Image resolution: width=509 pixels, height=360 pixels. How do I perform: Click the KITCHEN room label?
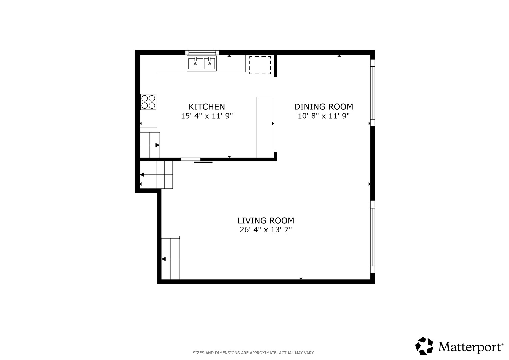[207, 107]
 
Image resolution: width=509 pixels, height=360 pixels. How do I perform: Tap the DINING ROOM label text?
[324, 107]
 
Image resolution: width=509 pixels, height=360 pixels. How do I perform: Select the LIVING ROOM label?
[266, 220]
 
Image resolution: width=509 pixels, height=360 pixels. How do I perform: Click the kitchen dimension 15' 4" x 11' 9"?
[207, 116]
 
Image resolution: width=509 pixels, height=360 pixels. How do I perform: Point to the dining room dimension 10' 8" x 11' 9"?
[324, 116]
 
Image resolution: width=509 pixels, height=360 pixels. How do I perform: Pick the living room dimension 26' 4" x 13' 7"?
[266, 230]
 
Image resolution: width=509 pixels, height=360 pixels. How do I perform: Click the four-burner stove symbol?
[148, 102]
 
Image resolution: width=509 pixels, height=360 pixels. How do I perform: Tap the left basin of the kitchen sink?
[195, 64]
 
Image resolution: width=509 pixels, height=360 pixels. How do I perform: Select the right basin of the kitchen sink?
[209, 64]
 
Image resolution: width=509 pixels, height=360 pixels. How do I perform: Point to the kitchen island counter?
[265, 127]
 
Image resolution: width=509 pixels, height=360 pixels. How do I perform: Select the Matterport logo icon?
[424, 346]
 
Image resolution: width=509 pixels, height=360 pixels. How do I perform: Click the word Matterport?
[470, 347]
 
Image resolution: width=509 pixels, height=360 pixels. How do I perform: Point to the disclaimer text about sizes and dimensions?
[254, 353]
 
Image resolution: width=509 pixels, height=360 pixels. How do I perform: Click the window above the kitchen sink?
[202, 53]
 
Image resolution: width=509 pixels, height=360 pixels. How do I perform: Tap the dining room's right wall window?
[373, 93]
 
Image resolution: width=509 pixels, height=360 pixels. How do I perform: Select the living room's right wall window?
[373, 237]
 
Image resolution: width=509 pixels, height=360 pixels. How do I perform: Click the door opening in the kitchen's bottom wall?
[190, 159]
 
